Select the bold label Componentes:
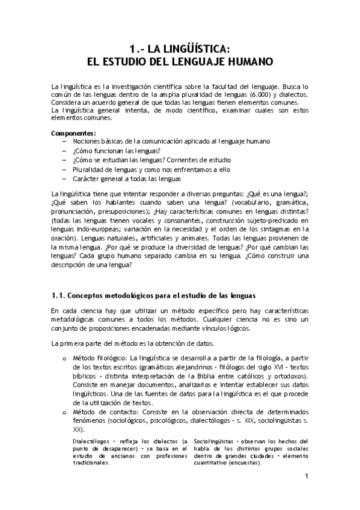coord(74,132)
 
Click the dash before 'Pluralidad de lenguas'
coord(64,170)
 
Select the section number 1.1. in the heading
coord(58,295)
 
